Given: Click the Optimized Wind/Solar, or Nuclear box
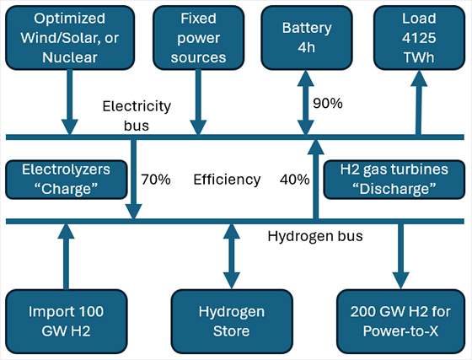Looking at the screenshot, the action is [x=70, y=38].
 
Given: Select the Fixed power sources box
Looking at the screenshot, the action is [x=198, y=38].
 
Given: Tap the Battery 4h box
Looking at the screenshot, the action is [x=307, y=38].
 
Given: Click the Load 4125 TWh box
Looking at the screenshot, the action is [x=419, y=38].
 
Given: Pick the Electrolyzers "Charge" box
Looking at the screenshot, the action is [x=67, y=180].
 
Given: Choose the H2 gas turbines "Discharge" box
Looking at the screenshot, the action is [x=394, y=180].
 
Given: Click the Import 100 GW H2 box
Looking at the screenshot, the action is [x=67, y=321].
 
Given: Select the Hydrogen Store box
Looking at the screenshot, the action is [x=232, y=321].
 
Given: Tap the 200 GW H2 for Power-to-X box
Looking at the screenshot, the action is [x=400, y=321].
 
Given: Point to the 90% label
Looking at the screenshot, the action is [x=328, y=103].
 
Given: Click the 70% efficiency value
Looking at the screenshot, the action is [x=156, y=180].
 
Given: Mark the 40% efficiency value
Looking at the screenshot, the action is [x=294, y=180].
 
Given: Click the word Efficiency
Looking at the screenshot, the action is [x=227, y=180].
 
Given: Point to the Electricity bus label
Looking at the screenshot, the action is [x=137, y=116].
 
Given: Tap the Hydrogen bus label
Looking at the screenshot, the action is [x=315, y=236].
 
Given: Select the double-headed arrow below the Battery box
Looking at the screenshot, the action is [x=306, y=102].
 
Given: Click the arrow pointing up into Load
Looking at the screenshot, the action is [x=419, y=102].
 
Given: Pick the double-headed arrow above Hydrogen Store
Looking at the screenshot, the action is [x=232, y=256].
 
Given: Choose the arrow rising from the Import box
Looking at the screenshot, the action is [x=67, y=256].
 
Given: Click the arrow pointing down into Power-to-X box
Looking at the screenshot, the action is [x=400, y=256].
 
